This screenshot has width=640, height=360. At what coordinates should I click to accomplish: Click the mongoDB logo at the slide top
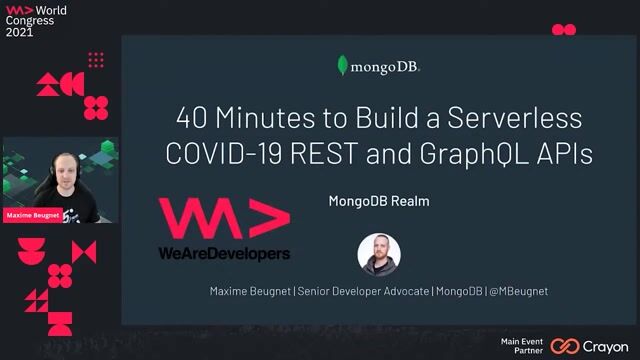(x=378, y=67)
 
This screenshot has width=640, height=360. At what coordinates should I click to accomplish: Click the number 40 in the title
(x=193, y=118)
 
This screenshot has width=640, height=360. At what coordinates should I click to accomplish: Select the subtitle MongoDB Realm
(x=378, y=201)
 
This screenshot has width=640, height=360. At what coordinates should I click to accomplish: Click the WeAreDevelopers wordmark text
(x=223, y=254)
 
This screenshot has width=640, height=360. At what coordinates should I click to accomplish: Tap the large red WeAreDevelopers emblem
(x=223, y=219)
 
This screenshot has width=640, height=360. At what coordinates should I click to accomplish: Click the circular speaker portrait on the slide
(x=379, y=254)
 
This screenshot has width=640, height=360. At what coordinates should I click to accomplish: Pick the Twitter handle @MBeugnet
(x=517, y=291)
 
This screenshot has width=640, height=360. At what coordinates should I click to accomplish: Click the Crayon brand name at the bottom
(x=605, y=346)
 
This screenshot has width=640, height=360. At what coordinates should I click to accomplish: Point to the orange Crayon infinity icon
(x=565, y=346)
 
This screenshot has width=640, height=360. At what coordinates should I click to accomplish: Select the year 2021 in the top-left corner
(x=20, y=32)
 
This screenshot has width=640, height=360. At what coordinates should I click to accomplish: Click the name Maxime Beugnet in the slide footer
(x=249, y=291)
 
